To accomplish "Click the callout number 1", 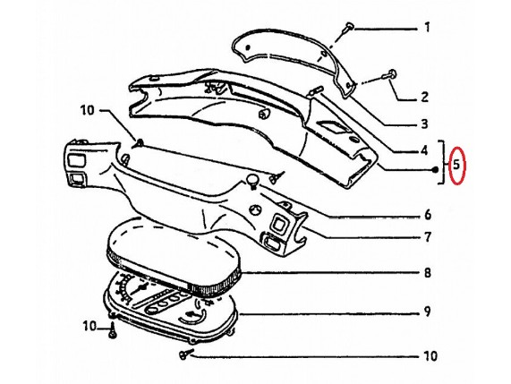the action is [x=427, y=28].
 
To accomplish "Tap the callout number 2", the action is [x=424, y=97].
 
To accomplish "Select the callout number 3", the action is [x=424, y=124].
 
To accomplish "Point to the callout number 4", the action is [x=423, y=150].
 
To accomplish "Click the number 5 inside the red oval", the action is [x=456, y=165].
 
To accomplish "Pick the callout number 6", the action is [x=428, y=215].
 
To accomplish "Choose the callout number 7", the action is [x=428, y=237].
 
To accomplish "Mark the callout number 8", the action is [x=428, y=272].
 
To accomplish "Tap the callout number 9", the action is [x=428, y=311].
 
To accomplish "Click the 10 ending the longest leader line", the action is [x=430, y=355].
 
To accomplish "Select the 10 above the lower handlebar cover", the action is [x=88, y=110].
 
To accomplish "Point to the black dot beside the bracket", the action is [x=435, y=169].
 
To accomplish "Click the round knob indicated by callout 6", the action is [x=251, y=180].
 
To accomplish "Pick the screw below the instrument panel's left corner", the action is [x=113, y=332].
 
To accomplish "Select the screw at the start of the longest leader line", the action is [x=185, y=354].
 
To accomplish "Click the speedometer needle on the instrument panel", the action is [x=141, y=288].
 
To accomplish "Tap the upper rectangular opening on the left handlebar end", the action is [x=76, y=160].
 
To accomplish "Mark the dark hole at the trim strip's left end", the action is [x=247, y=47].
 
